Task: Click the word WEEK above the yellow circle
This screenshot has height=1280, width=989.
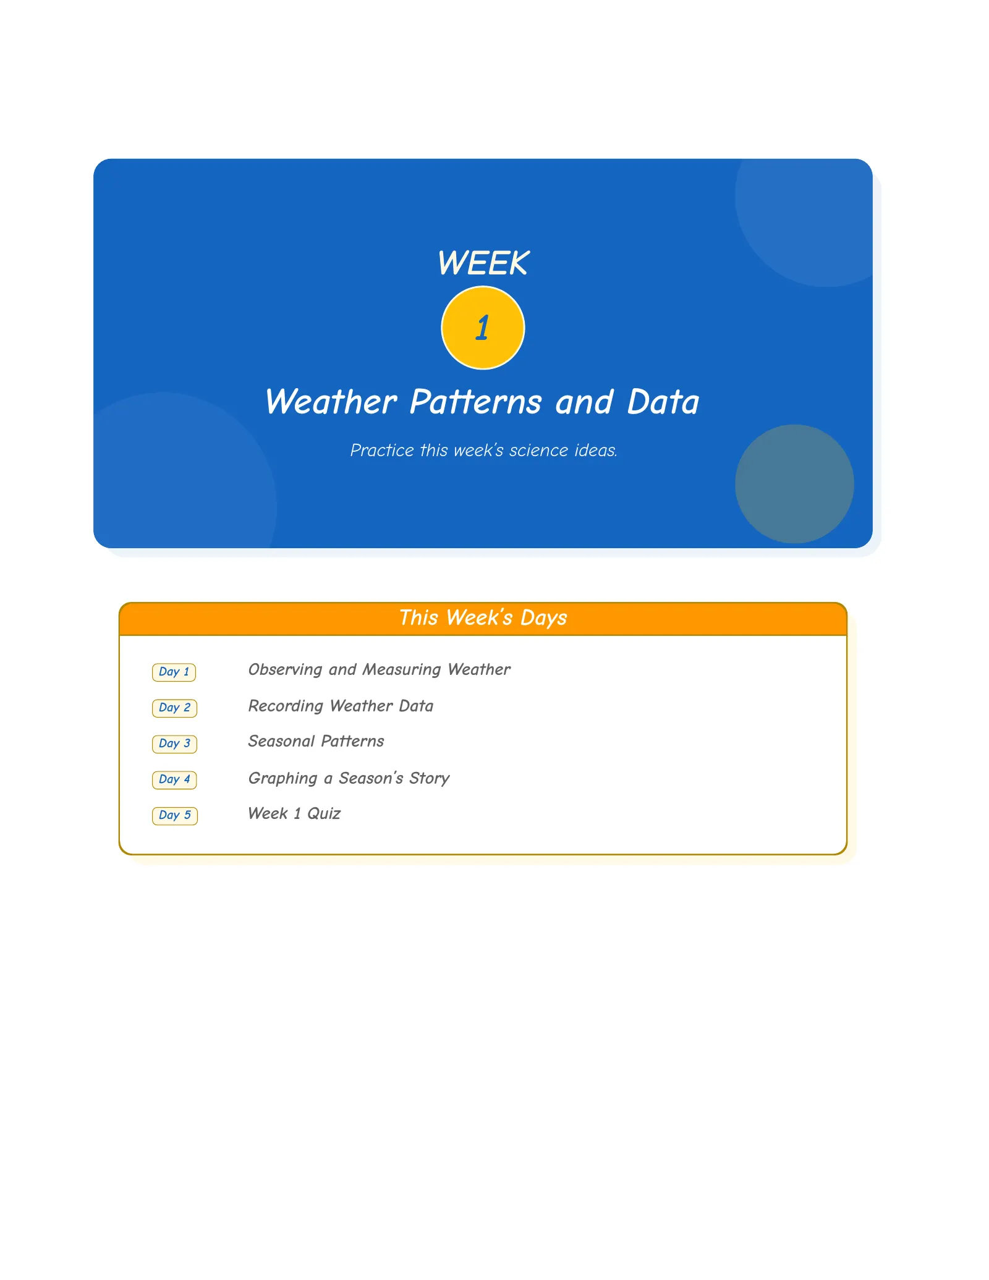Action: [x=483, y=263]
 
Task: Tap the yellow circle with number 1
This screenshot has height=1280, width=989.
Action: [x=483, y=328]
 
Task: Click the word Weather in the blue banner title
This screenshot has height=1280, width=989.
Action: [x=331, y=402]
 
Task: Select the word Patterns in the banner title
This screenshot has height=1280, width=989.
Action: [x=476, y=402]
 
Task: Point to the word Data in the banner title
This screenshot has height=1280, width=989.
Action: [x=663, y=402]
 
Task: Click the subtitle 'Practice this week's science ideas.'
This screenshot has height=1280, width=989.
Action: [x=483, y=450]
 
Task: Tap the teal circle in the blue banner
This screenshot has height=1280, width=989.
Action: [x=794, y=484]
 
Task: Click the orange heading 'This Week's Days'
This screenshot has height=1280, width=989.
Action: [x=483, y=618]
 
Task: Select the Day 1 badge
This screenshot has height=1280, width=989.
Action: [x=174, y=672]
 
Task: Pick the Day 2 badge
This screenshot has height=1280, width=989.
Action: [x=174, y=708]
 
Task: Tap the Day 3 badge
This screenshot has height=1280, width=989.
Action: [x=174, y=744]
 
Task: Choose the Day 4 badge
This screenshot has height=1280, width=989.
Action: [x=174, y=779]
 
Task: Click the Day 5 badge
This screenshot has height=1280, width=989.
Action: [x=175, y=815]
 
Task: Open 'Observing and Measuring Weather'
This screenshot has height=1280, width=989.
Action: [x=379, y=670]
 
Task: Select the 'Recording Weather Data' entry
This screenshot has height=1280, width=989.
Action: [x=341, y=706]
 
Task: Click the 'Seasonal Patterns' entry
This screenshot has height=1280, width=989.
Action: [x=316, y=741]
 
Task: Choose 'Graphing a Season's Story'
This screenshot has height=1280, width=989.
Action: [x=349, y=778]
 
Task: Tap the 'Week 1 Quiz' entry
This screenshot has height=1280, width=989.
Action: [x=294, y=813]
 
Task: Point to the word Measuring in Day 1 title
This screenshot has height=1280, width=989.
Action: [x=402, y=670]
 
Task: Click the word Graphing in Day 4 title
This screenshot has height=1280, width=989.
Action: [x=282, y=779]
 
